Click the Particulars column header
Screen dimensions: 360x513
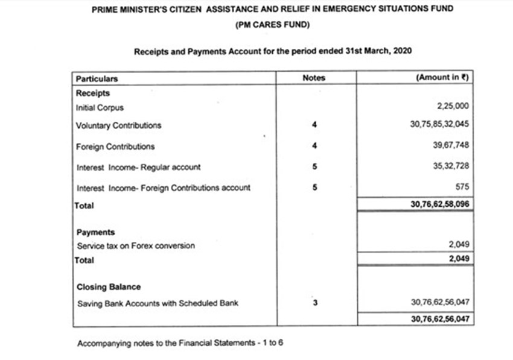coord(97,78)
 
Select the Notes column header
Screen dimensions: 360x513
coord(313,78)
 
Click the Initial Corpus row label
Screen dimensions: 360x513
coord(100,108)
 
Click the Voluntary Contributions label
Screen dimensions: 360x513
coord(118,126)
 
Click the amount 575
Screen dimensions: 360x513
coord(462,187)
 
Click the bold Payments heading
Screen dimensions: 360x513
coord(95,232)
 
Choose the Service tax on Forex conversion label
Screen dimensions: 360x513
coord(136,246)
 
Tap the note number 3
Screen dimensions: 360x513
coord(314,303)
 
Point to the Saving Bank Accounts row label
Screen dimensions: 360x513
coord(157,303)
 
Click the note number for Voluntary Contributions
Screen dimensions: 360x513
coord(314,125)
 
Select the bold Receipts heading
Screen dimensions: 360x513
coord(93,93)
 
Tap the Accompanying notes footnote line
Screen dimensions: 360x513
coord(180,344)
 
